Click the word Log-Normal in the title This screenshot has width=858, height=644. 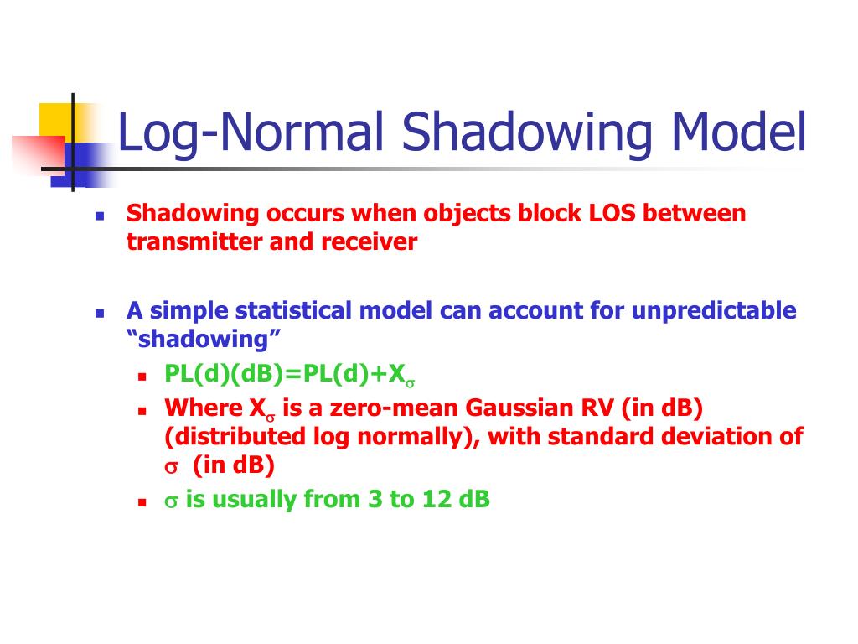(x=252, y=134)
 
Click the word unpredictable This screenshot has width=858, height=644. (x=713, y=311)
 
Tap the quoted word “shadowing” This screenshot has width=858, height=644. (x=203, y=340)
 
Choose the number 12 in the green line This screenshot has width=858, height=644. (x=437, y=500)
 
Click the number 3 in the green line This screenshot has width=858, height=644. (x=375, y=500)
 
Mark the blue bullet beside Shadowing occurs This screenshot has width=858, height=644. (x=99, y=216)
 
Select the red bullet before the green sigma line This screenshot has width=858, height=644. (x=142, y=502)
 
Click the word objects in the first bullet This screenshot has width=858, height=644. (x=461, y=213)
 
